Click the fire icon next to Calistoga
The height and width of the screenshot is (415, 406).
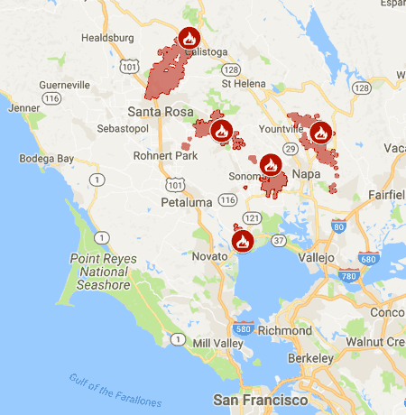pyautogui.click(x=189, y=39)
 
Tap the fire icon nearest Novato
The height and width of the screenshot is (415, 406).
pyautogui.click(x=242, y=242)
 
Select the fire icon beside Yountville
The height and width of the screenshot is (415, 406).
pyautogui.click(x=319, y=134)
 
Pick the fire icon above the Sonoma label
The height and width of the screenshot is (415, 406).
pyautogui.click(x=271, y=166)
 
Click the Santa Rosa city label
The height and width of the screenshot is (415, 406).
pyautogui.click(x=159, y=112)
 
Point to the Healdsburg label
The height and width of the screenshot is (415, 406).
pyautogui.click(x=107, y=38)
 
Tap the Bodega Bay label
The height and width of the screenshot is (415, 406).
pyautogui.click(x=46, y=159)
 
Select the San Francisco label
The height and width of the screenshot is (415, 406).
pyautogui.click(x=260, y=399)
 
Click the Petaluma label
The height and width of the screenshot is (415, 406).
pyautogui.click(x=187, y=201)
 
